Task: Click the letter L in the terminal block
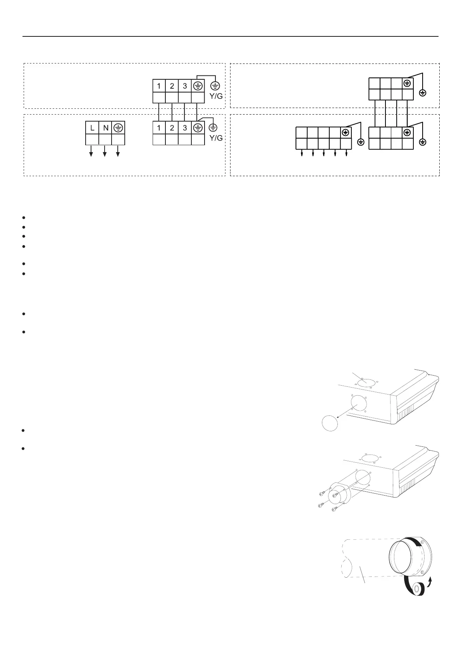[x=92, y=128]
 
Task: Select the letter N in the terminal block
[x=105, y=128]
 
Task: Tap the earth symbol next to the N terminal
[x=119, y=128]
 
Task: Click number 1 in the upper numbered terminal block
[x=159, y=86]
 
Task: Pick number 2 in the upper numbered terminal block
[x=172, y=86]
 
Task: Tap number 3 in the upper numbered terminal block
[x=185, y=86]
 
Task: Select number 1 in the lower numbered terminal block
[x=159, y=128]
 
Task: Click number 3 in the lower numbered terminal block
[x=185, y=128]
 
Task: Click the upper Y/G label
[x=216, y=96]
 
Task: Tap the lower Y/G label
[x=216, y=137]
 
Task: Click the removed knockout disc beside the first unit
[x=330, y=422]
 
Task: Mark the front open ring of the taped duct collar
[x=404, y=558]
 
